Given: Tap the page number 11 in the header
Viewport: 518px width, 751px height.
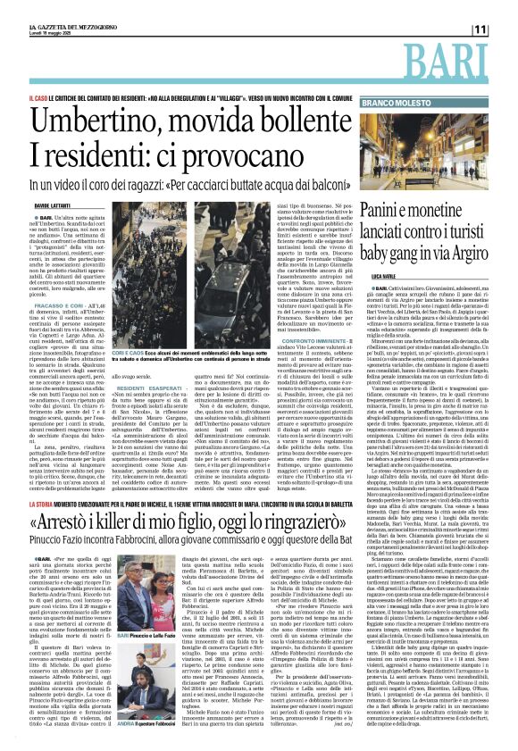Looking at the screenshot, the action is point(502,29).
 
